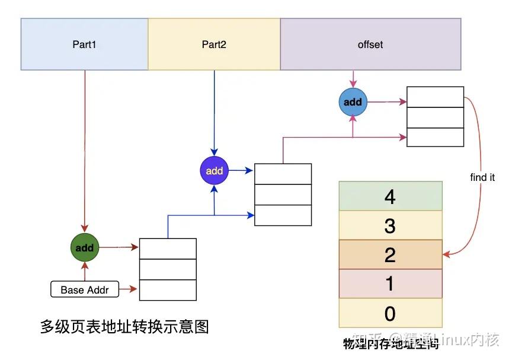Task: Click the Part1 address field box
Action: pyautogui.click(x=84, y=44)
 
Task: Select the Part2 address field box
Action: pyautogui.click(x=214, y=44)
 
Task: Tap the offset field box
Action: pyautogui.click(x=370, y=44)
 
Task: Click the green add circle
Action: pyautogui.click(x=85, y=248)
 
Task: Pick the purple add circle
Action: pyautogui.click(x=214, y=171)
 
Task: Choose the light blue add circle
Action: pyautogui.click(x=353, y=102)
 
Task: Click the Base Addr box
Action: pyautogui.click(x=85, y=290)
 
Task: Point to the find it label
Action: pyautogui.click(x=482, y=177)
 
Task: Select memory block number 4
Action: pyautogui.click(x=390, y=196)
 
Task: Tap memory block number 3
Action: pyautogui.click(x=390, y=225)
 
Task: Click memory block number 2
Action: pyautogui.click(x=390, y=254)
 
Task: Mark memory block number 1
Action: pyautogui.click(x=390, y=283)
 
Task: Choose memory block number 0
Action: pyautogui.click(x=390, y=313)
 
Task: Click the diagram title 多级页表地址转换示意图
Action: pyautogui.click(x=124, y=327)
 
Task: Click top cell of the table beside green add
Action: pyautogui.click(x=168, y=249)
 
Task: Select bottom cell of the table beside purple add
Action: pyautogui.click(x=283, y=215)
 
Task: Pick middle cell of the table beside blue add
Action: pyautogui.click(x=435, y=117)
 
